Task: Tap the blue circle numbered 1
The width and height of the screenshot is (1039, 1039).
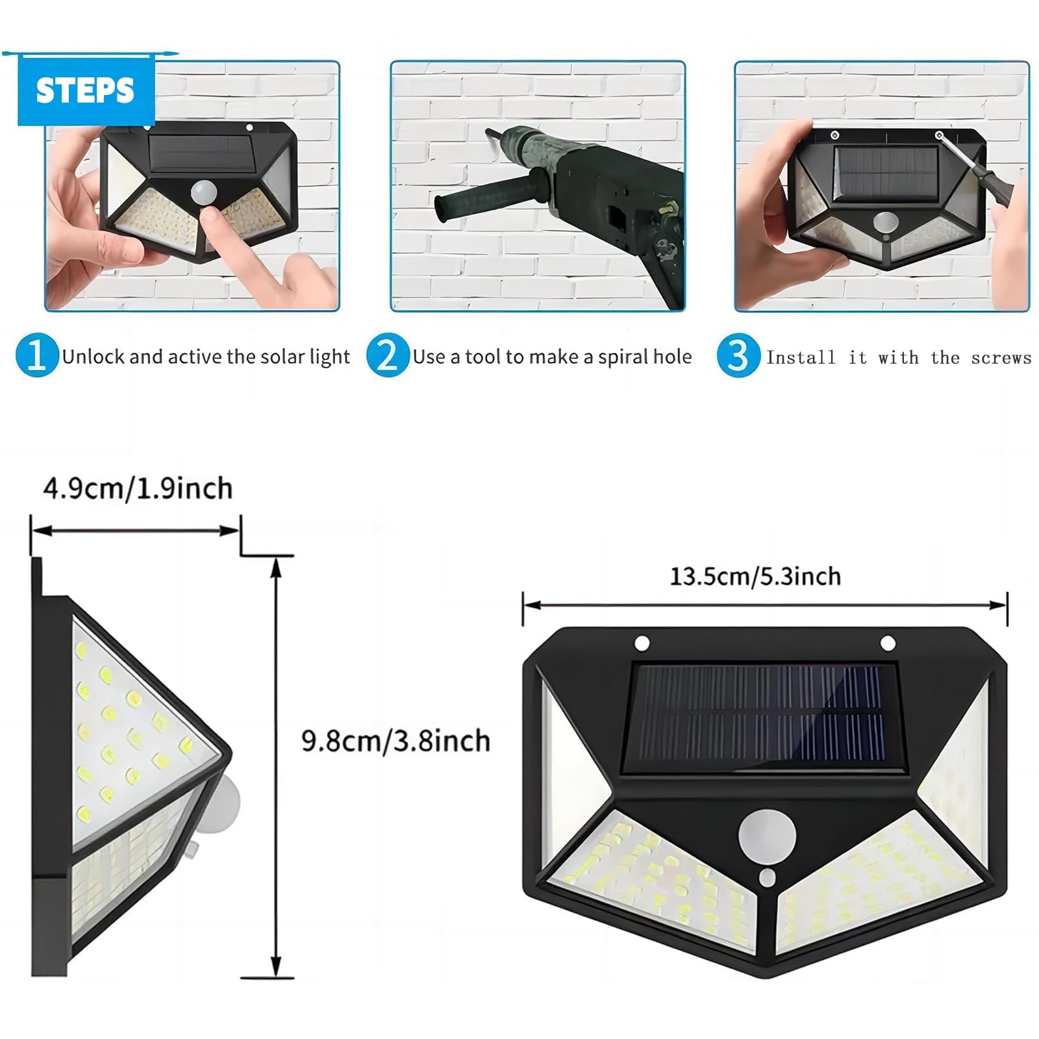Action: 36,355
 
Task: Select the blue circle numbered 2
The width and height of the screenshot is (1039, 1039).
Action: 387,355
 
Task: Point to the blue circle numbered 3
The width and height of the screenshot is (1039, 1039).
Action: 738,355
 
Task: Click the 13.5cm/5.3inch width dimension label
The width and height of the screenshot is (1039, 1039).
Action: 755,576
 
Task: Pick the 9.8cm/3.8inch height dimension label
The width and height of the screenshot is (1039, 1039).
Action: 395,741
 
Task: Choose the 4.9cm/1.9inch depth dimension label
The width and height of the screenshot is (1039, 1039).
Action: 138,488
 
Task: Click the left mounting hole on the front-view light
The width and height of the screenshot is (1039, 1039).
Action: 642,644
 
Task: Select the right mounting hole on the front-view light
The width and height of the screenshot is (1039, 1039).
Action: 887,644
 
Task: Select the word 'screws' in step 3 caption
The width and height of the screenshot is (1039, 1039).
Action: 1001,358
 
